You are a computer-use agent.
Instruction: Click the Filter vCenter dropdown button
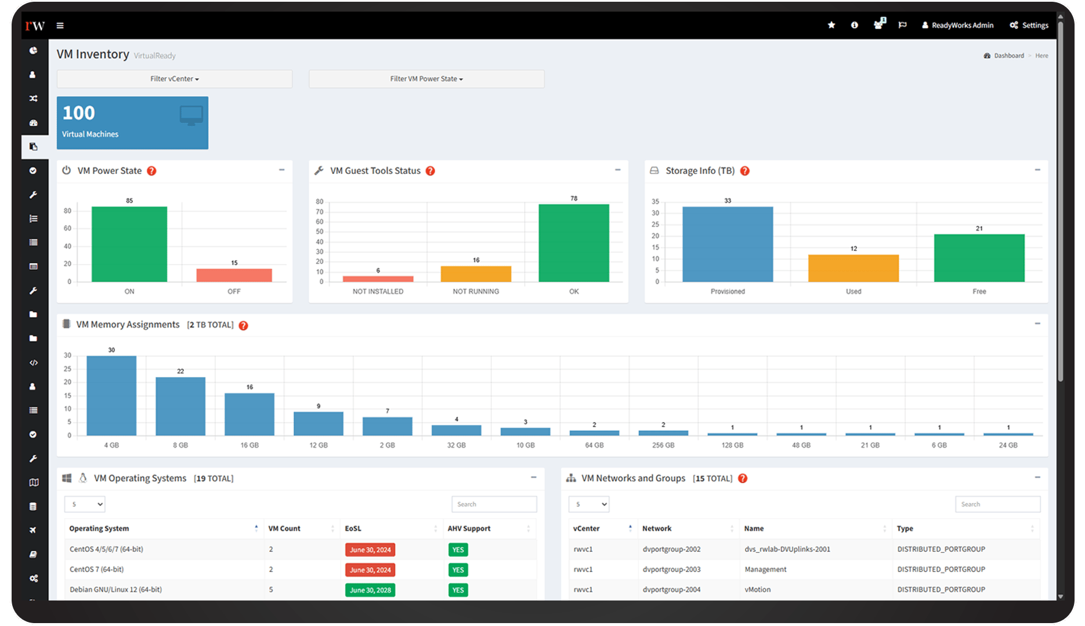(174, 79)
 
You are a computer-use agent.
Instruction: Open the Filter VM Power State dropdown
(426, 79)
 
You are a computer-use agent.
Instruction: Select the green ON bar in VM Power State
(129, 245)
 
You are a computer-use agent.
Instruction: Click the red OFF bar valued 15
(234, 275)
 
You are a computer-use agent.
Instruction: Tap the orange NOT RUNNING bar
(476, 274)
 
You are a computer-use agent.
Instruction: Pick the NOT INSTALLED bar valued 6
(378, 279)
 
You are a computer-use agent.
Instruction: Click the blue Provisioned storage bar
(727, 245)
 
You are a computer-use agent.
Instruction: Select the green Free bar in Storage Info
(979, 259)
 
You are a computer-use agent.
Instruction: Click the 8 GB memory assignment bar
(180, 406)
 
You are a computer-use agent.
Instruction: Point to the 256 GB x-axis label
(663, 445)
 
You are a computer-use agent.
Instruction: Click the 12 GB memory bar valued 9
(318, 424)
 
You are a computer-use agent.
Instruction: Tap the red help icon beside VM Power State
(151, 171)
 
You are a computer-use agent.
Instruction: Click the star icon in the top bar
(831, 25)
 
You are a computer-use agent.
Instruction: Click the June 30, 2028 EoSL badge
(370, 590)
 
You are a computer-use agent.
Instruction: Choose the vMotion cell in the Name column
(757, 589)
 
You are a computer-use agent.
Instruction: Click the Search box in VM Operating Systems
(494, 504)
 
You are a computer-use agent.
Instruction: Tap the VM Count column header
(284, 529)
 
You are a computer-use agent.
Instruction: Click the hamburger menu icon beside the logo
(60, 26)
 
